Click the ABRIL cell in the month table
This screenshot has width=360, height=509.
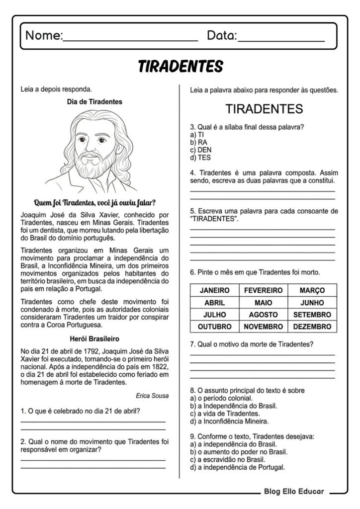coord(215,303)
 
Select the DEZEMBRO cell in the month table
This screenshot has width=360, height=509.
coord(312,327)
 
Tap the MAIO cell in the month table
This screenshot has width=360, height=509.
coord(264,303)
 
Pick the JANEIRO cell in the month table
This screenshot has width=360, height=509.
coord(215,290)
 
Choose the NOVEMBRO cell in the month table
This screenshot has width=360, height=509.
coord(264,327)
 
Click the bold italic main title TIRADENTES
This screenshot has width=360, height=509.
coord(180,67)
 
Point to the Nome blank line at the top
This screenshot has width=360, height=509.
coord(130,38)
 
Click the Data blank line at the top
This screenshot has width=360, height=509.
coord(281,38)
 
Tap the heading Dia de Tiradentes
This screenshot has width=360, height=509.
coord(94,101)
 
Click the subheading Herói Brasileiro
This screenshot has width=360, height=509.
coord(94,339)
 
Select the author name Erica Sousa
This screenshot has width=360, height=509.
coord(152,396)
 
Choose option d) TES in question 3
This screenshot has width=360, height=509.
coord(201,158)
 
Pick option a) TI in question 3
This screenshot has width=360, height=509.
coord(197,135)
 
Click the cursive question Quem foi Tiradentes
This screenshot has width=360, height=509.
coord(94,202)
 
